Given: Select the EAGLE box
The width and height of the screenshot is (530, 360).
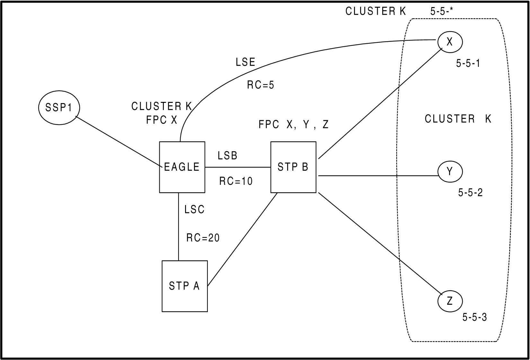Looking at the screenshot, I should [182, 167].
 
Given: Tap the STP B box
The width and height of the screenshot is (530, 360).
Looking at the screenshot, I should [293, 167].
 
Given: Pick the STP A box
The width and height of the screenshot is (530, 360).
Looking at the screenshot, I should [184, 286].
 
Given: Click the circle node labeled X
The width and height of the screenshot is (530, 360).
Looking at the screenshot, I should [450, 42].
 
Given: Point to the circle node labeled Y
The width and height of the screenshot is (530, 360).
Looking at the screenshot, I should [450, 172].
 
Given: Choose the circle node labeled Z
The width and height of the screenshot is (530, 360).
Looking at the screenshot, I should [450, 301].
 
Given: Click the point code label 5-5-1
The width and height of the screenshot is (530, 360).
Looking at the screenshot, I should [468, 63].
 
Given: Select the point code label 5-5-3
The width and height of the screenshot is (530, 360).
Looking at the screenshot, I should [474, 318].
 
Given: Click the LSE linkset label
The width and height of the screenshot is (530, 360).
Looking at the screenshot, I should [246, 62].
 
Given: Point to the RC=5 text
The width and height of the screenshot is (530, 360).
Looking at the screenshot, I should [261, 85].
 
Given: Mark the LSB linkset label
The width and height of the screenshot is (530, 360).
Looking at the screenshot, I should [227, 156].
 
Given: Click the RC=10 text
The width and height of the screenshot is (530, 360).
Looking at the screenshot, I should [236, 181].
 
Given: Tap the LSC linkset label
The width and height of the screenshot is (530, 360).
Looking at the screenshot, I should [194, 210].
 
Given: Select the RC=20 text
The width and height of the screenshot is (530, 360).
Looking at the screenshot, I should [203, 238].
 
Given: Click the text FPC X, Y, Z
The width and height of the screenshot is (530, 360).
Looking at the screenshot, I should [294, 125].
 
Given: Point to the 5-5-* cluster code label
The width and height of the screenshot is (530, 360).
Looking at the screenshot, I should [441, 12].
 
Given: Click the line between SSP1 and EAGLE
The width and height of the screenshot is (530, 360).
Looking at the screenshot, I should [119, 142].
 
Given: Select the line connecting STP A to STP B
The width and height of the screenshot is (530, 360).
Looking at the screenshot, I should [243, 239].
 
